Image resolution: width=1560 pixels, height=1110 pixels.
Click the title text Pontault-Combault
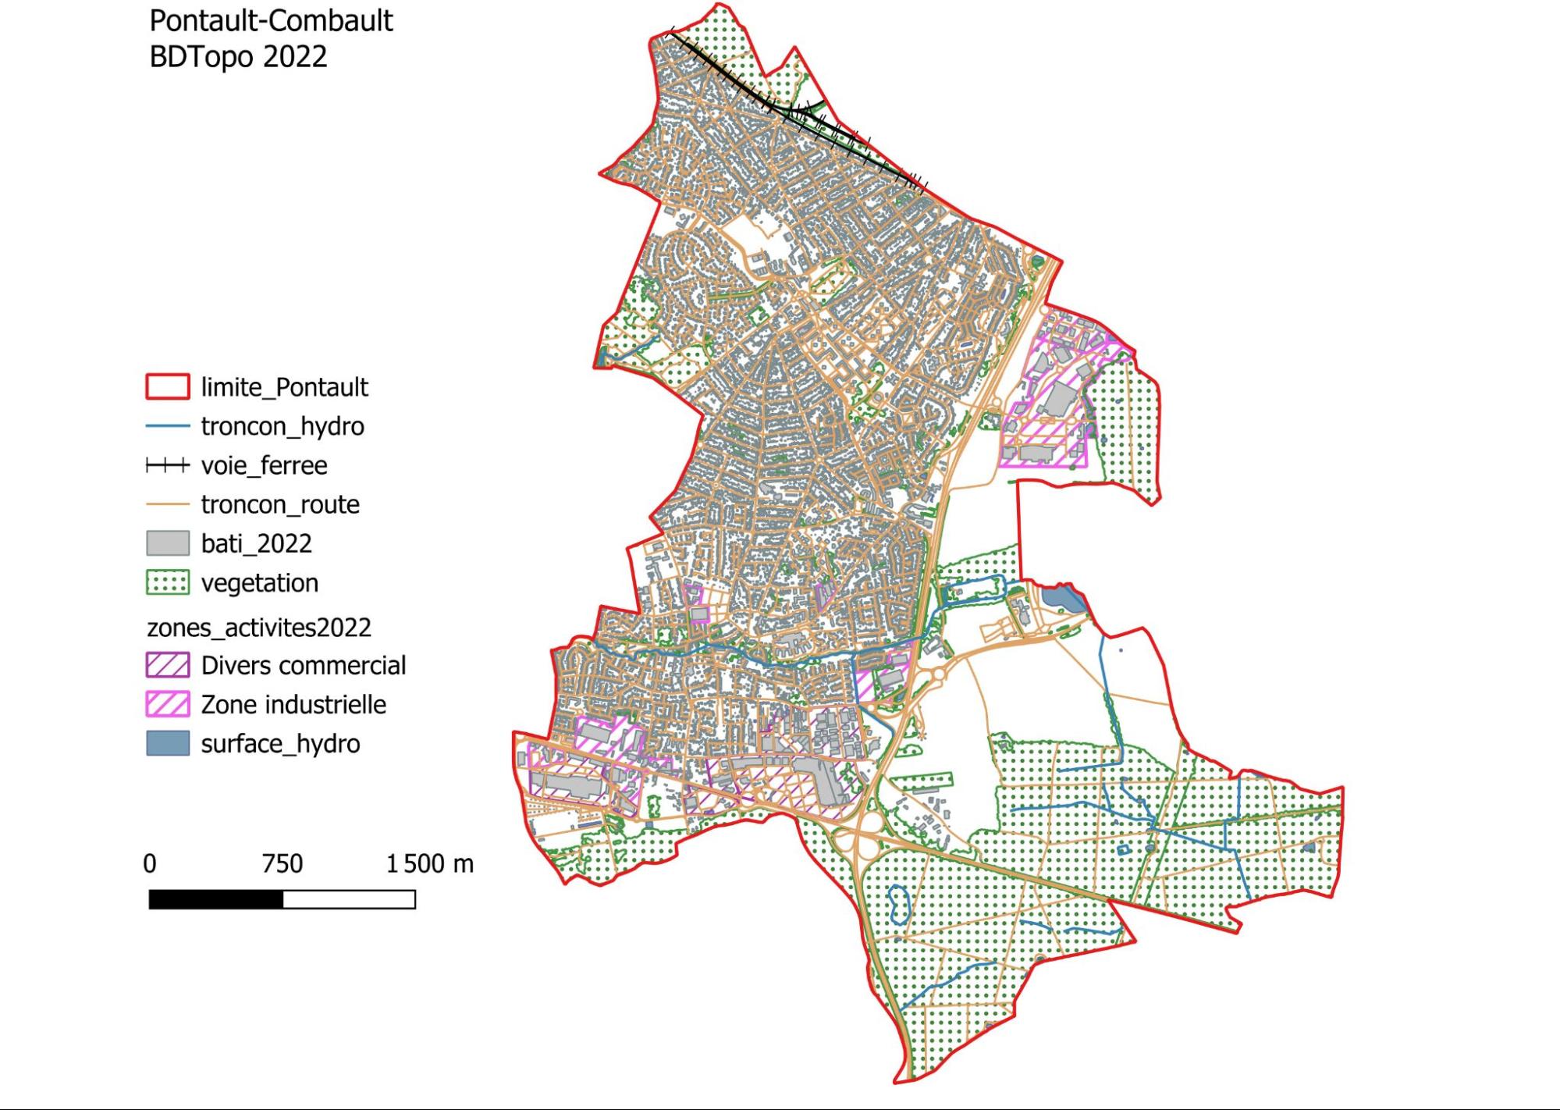[271, 21]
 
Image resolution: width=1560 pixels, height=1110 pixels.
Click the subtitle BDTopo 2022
[238, 57]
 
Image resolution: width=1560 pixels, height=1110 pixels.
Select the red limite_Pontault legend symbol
[167, 387]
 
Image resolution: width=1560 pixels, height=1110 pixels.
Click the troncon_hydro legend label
[283, 426]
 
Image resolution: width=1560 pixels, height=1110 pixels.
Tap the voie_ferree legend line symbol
[167, 466]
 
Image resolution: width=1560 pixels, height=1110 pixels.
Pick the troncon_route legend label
[280, 504]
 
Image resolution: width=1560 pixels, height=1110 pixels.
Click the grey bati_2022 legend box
[167, 543]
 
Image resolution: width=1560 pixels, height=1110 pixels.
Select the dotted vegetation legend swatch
[167, 583]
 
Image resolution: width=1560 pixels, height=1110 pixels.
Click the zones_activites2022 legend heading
[259, 628]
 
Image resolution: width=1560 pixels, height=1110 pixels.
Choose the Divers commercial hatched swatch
[167, 665]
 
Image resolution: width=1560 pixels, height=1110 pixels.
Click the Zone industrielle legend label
[293, 704]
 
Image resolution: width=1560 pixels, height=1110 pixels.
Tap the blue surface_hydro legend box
[167, 743]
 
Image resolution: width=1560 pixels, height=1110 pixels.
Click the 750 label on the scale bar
[283, 863]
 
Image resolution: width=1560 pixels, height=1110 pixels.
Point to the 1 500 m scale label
[430, 863]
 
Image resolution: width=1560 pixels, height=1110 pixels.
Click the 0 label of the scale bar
[150, 863]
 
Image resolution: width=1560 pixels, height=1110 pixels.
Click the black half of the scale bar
[216, 899]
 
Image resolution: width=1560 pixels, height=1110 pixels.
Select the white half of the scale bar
[349, 899]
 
